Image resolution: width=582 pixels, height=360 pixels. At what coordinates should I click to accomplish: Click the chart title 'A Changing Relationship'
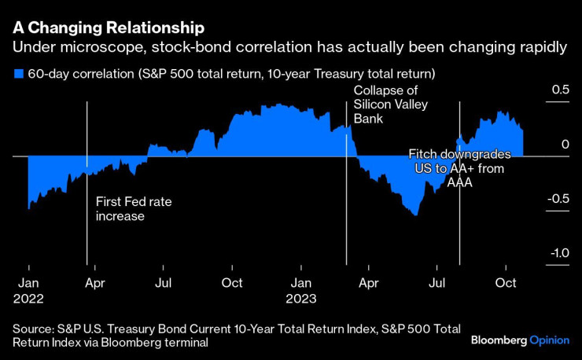click(x=109, y=28)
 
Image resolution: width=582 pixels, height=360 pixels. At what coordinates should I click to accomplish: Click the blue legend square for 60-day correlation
click(x=18, y=74)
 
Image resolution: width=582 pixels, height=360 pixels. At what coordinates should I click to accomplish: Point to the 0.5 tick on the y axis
click(x=558, y=90)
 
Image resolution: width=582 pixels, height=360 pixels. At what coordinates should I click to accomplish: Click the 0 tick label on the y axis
click(x=564, y=145)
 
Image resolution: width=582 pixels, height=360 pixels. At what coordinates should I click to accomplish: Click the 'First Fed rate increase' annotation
click(x=133, y=208)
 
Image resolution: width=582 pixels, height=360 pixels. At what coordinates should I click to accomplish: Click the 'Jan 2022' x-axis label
click(x=28, y=290)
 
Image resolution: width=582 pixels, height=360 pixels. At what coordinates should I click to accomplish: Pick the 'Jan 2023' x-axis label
click(x=300, y=290)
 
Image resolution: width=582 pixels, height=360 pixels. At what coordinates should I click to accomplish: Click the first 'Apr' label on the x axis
click(x=95, y=283)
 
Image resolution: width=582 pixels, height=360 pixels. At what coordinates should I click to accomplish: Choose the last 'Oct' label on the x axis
click(x=504, y=283)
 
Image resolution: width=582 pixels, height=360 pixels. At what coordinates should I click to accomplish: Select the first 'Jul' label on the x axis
click(x=163, y=283)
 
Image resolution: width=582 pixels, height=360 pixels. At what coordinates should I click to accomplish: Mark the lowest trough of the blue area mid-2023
click(x=414, y=215)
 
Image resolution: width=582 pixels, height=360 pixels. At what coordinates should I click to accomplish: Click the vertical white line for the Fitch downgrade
click(x=459, y=236)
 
